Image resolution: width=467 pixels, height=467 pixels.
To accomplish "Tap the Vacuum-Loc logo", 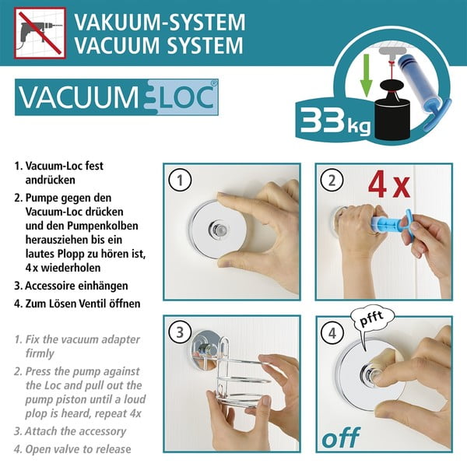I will (116, 100).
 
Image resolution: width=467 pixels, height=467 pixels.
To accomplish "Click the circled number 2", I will (332, 181).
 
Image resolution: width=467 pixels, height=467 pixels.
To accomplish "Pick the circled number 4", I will (332, 334).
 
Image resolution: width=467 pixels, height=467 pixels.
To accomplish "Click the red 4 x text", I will (388, 188).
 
